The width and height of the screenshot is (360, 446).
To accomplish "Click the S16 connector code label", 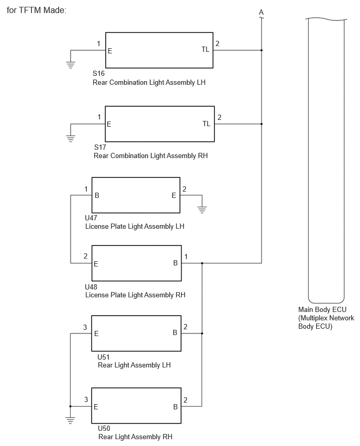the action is (x=99, y=73).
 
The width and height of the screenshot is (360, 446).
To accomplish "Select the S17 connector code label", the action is (x=100, y=147).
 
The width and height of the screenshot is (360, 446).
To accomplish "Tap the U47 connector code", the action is (x=91, y=218).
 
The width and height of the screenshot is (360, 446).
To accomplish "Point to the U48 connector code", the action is (x=91, y=287).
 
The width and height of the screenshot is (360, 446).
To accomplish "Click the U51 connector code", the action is (x=104, y=357).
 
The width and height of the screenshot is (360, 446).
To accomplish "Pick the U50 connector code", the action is (x=104, y=428).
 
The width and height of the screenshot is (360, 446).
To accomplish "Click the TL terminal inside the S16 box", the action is (x=205, y=50).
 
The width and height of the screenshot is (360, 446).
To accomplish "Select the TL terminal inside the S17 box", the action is (x=207, y=124).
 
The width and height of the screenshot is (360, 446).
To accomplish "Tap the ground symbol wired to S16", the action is (x=71, y=65).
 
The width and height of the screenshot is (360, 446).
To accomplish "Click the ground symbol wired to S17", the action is (x=71, y=139).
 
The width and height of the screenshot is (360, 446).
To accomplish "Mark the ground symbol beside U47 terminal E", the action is (x=202, y=210).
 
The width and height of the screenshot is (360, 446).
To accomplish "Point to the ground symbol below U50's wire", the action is (x=70, y=420).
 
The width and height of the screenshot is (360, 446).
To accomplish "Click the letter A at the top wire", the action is (x=261, y=12).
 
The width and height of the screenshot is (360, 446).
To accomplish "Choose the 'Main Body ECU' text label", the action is (x=322, y=309).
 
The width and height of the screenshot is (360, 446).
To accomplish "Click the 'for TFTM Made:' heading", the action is (x=37, y=10).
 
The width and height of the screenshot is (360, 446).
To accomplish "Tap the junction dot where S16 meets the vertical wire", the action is (x=261, y=50).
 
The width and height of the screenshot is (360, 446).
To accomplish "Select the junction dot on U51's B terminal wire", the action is (x=202, y=333).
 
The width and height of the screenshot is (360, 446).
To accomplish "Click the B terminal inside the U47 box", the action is (x=97, y=195).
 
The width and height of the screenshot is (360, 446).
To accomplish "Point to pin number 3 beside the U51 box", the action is (x=85, y=327).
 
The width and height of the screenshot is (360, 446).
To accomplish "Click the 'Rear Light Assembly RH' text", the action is (x=136, y=437).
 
